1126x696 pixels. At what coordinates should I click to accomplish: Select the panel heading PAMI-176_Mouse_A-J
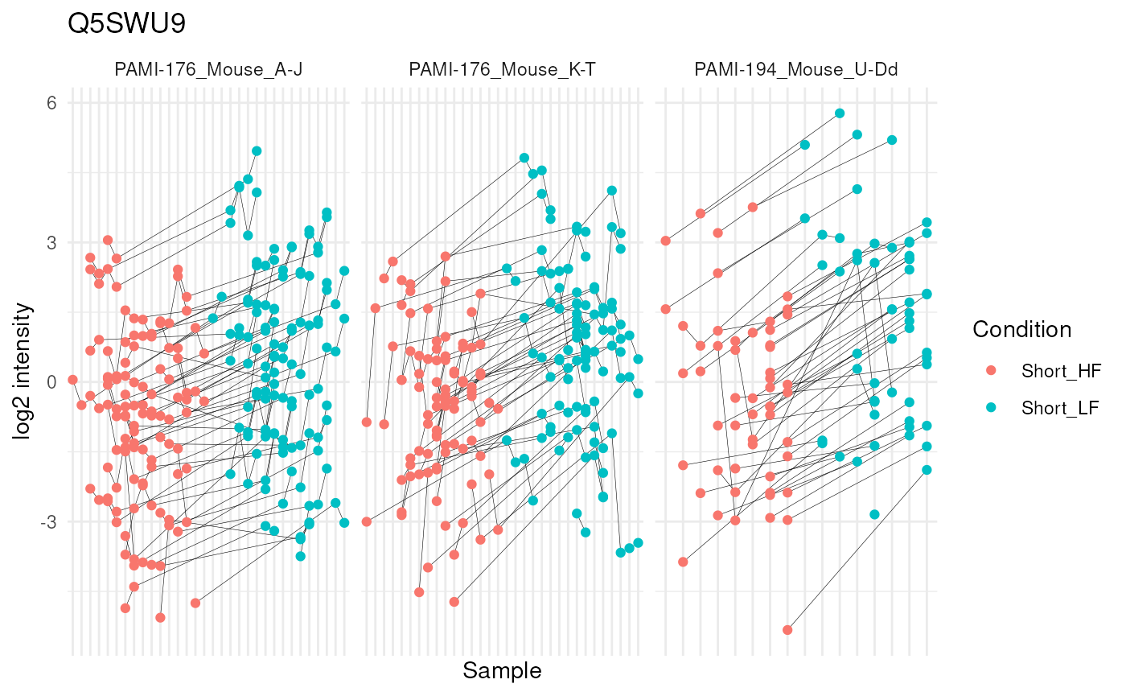tap(208, 70)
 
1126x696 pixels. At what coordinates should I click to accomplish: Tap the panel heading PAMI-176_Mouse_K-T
tap(502, 70)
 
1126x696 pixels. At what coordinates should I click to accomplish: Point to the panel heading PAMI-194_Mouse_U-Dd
tap(795, 70)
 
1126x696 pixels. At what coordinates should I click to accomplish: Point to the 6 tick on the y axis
tap(54, 103)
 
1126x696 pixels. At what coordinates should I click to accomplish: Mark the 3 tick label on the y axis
tap(54, 242)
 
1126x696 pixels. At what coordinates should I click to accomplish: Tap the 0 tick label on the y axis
tap(54, 381)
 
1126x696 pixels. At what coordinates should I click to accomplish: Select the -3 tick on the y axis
tap(51, 521)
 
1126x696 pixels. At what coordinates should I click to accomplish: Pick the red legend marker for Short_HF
tap(990, 371)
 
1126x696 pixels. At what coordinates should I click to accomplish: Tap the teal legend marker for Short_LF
tap(990, 408)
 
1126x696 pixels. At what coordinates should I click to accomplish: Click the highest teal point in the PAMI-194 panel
tap(840, 113)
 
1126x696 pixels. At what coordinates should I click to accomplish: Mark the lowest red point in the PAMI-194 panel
tap(787, 630)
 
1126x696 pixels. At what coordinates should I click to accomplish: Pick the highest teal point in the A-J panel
tap(257, 151)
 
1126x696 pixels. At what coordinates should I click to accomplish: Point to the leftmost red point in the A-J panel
tap(72, 380)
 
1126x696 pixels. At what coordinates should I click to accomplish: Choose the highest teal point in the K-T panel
tap(524, 159)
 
